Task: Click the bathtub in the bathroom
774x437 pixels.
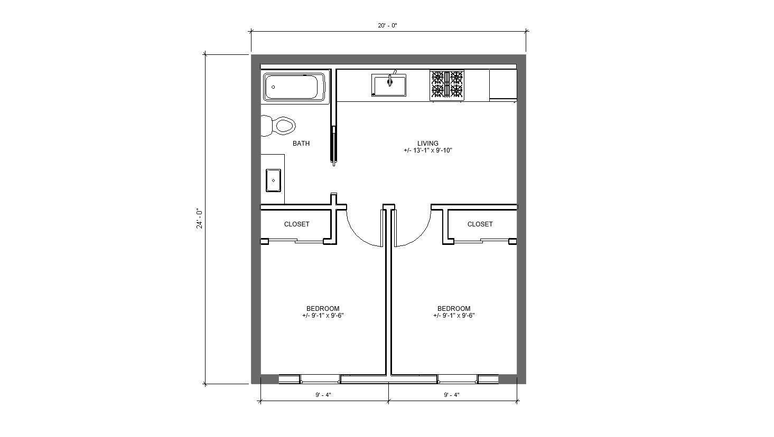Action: (x=295, y=88)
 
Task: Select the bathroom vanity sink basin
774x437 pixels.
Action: (x=273, y=180)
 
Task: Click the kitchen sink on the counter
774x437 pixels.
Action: (x=389, y=85)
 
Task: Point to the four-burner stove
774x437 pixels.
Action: (x=447, y=85)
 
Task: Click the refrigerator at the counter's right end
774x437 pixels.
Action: (x=502, y=84)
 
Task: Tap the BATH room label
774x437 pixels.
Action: (x=301, y=144)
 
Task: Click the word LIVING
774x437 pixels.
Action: (x=427, y=144)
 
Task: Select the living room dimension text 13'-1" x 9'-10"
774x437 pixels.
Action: (x=427, y=151)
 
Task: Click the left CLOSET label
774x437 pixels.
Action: (x=296, y=224)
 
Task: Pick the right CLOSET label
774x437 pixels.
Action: (x=480, y=224)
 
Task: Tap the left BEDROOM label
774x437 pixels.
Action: (x=323, y=309)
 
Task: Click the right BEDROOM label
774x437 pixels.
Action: (x=453, y=309)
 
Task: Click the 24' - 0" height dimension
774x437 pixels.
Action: (x=199, y=218)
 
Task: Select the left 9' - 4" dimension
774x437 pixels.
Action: (x=323, y=395)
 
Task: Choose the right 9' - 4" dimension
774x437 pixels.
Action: (x=452, y=395)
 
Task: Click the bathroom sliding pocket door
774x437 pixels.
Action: (x=333, y=145)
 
